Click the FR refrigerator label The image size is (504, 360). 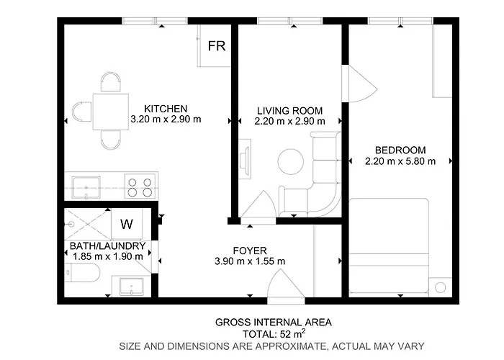(216, 46)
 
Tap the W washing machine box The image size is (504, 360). (127, 224)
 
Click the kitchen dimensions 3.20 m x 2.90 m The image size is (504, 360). (165, 120)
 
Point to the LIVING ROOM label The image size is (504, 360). (289, 110)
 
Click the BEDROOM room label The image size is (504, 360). (400, 150)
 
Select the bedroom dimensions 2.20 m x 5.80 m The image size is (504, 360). (400, 161)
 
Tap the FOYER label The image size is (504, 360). (250, 250)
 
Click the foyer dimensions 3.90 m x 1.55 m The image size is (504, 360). (250, 261)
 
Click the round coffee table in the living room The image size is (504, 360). (292, 161)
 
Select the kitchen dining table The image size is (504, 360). (110, 111)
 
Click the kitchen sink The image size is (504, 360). (87, 186)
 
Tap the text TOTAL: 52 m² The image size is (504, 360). (273, 334)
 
